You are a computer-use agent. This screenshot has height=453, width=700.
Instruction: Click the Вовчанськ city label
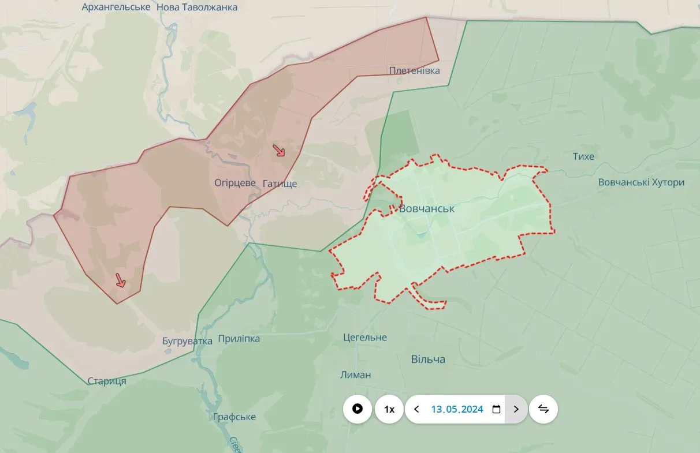click(x=427, y=209)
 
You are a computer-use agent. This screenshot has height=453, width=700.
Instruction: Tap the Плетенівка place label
click(x=414, y=71)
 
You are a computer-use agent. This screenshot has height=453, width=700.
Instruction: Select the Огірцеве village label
click(x=235, y=183)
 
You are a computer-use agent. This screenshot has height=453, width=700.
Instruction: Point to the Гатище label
click(x=280, y=184)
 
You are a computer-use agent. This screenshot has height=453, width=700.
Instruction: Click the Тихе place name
click(x=583, y=156)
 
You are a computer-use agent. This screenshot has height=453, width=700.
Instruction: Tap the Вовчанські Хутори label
click(x=641, y=182)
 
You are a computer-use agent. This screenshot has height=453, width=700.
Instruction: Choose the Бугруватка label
click(x=188, y=341)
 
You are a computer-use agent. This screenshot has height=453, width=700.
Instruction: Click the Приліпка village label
click(x=239, y=339)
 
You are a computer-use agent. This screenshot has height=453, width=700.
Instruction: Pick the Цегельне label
click(x=364, y=338)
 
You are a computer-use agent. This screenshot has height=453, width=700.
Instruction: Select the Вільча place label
click(x=428, y=360)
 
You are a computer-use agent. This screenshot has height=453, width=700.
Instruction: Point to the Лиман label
click(x=356, y=375)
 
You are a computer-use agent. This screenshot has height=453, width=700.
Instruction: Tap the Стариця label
click(x=107, y=381)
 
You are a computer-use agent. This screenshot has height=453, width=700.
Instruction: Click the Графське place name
click(x=234, y=417)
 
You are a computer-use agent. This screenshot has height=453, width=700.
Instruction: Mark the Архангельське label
click(x=116, y=7)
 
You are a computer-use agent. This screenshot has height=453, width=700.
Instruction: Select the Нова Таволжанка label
click(x=197, y=8)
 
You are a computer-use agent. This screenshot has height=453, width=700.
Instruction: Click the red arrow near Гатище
click(x=279, y=151)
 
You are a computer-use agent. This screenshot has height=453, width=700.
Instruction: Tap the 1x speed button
click(x=389, y=409)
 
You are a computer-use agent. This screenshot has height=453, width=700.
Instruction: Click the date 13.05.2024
click(x=457, y=409)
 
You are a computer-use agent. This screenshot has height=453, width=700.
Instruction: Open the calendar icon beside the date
click(x=496, y=409)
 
